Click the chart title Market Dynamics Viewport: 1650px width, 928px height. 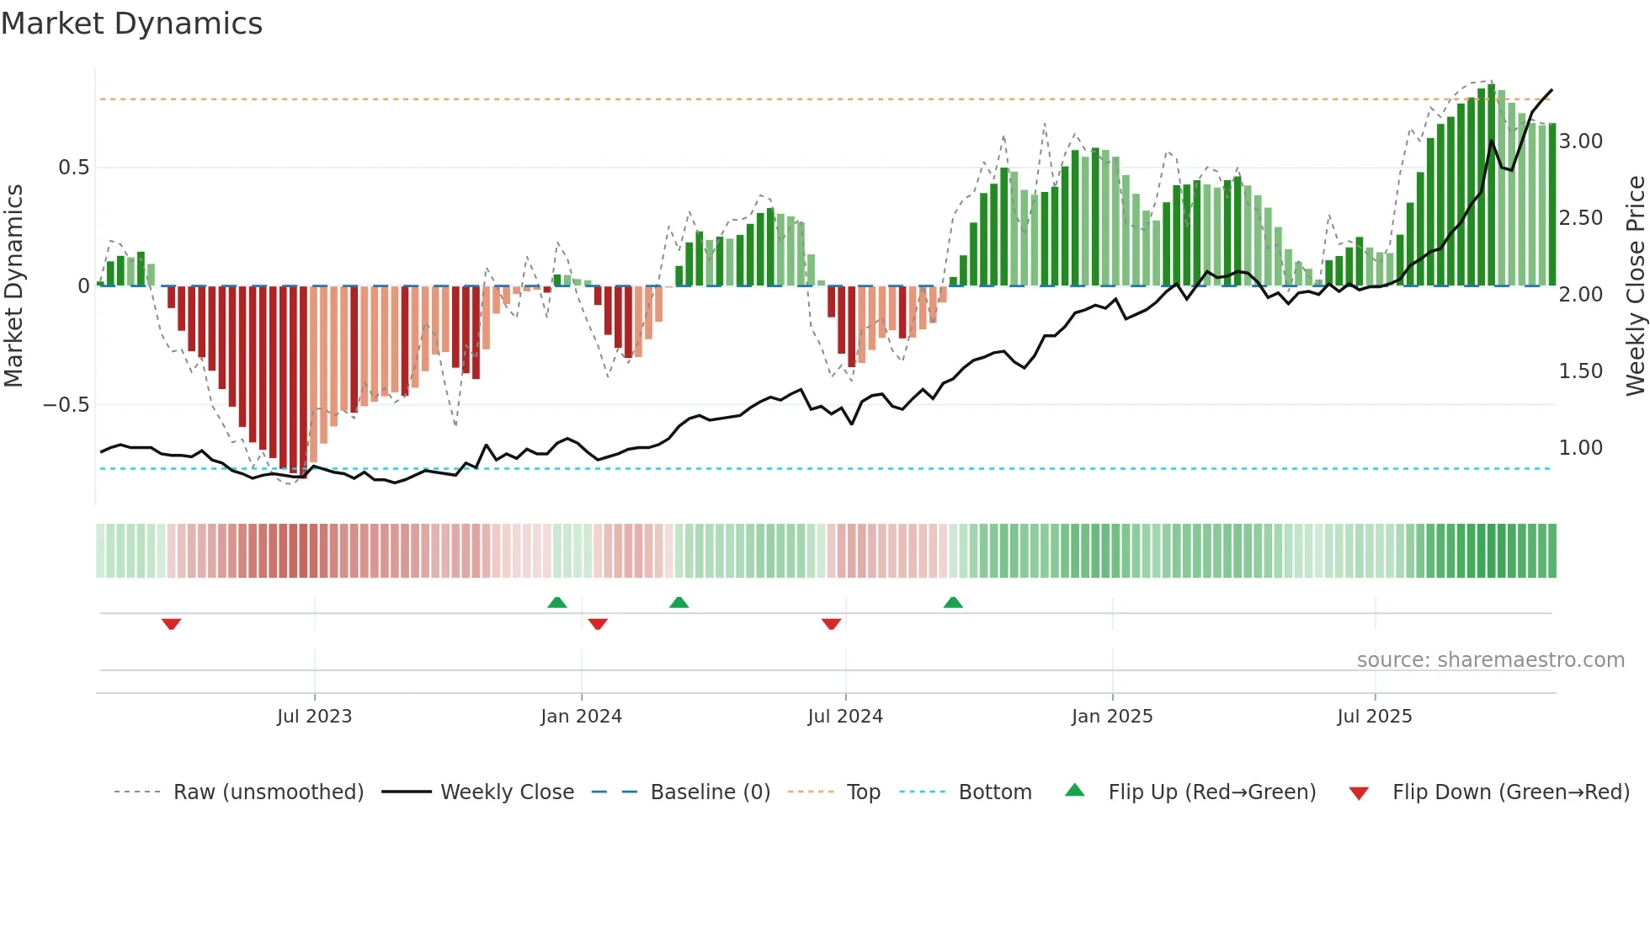131,24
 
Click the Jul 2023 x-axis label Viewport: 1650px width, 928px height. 314,717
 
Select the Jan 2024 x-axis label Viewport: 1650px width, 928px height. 581,717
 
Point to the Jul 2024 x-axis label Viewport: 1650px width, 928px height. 845,717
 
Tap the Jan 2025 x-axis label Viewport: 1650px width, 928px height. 1112,717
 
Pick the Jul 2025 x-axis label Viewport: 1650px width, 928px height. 1375,717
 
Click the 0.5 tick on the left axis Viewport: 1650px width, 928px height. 74,168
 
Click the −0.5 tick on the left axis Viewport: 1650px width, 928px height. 67,405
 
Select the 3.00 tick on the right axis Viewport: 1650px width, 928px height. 1581,141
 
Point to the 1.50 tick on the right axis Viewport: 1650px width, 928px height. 1581,371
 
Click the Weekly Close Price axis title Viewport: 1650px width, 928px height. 1635,286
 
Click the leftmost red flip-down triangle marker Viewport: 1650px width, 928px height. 171,624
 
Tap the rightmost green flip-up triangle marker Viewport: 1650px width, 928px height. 953,602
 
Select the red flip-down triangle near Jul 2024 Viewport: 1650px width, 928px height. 831,624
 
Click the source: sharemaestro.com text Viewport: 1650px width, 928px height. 1490,660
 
